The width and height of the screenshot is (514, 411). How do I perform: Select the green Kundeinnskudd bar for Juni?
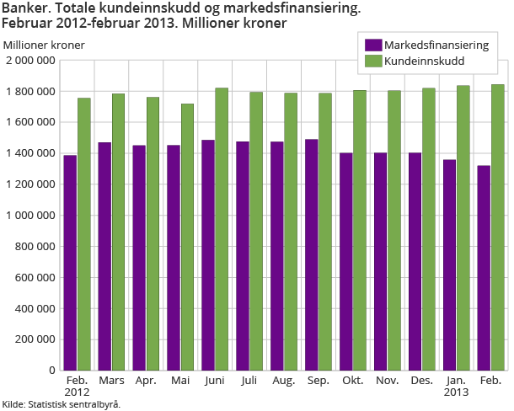[x=222, y=229]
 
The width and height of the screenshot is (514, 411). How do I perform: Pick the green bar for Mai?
[x=187, y=237]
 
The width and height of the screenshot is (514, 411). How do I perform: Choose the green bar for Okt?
[x=360, y=230]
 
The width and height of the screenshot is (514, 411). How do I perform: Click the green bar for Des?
[x=429, y=229]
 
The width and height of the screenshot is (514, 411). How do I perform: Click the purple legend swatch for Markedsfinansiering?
[x=372, y=45]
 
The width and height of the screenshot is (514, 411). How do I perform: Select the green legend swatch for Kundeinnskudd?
[x=372, y=61]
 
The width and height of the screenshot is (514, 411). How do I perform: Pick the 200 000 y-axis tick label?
[x=34, y=339]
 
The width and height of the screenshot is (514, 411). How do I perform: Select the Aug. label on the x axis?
[x=283, y=382]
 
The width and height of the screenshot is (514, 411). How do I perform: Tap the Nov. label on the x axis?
[x=387, y=382]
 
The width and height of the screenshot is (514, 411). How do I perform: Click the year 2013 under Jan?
[x=456, y=393]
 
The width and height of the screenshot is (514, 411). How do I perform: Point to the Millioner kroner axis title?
[x=44, y=44]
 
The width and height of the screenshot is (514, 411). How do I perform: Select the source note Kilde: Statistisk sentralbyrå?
[x=61, y=404]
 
